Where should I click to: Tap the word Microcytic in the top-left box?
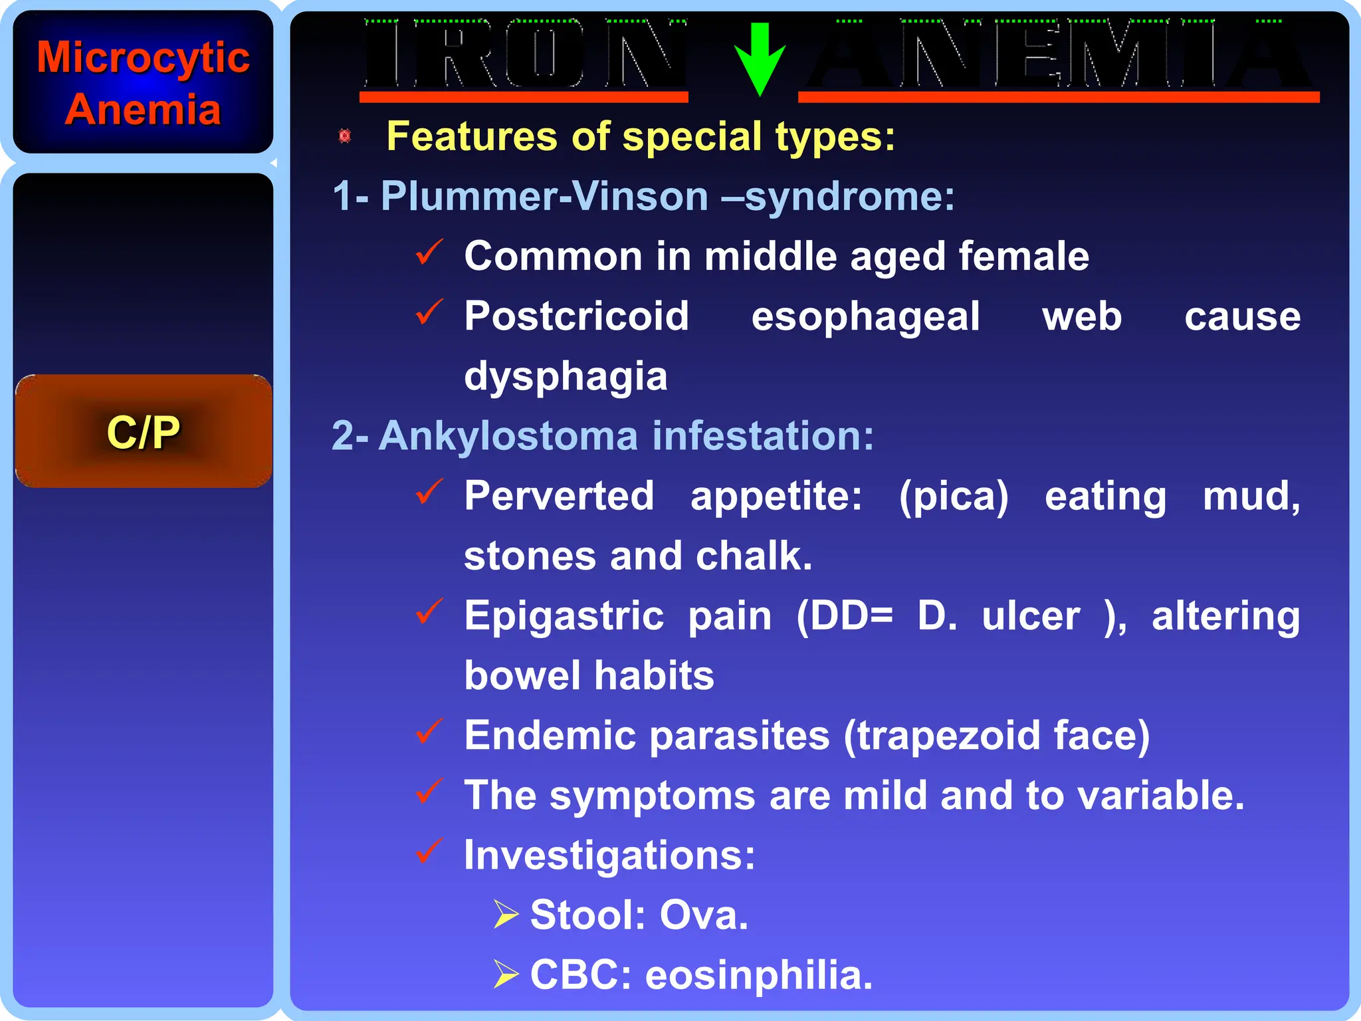click(x=143, y=57)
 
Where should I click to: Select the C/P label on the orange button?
click(x=143, y=432)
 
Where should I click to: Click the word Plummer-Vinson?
click(x=544, y=197)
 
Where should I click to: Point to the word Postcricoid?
click(x=576, y=316)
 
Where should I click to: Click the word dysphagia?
click(x=566, y=377)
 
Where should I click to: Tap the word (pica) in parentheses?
click(x=954, y=497)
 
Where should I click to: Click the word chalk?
click(x=753, y=556)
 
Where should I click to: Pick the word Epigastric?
click(x=564, y=616)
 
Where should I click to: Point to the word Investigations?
click(x=609, y=855)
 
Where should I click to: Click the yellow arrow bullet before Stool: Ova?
click(x=506, y=915)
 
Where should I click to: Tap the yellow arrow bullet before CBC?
click(x=506, y=974)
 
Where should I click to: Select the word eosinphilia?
click(x=758, y=975)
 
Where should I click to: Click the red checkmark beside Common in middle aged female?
click(x=429, y=253)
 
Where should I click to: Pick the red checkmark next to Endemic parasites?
click(x=429, y=731)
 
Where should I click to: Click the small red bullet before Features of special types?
click(x=344, y=136)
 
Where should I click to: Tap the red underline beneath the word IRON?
click(x=523, y=98)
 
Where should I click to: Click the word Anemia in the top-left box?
click(x=143, y=110)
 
